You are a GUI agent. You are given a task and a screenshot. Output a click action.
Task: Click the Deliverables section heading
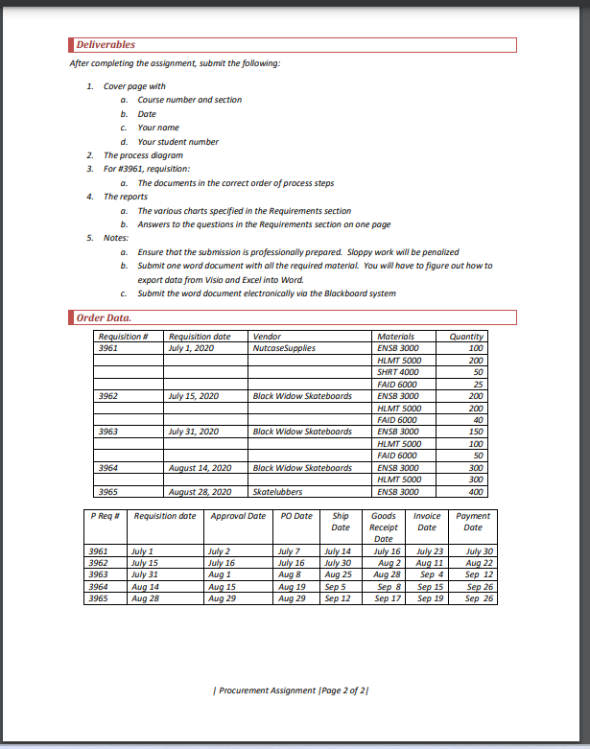click(x=106, y=44)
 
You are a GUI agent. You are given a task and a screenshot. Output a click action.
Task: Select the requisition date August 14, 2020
click(x=200, y=467)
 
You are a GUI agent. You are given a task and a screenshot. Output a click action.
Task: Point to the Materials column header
click(x=396, y=337)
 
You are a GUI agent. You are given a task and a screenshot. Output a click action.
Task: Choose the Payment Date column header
click(x=474, y=521)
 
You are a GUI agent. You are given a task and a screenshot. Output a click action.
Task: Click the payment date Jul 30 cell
click(x=479, y=552)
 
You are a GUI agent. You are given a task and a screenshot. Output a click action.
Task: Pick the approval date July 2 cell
click(x=221, y=552)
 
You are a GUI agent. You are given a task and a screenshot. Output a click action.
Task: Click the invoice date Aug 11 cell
click(x=430, y=564)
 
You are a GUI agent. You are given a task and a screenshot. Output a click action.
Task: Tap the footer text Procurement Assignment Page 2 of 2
click(x=289, y=690)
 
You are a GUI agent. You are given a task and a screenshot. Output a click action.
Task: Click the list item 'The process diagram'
click(x=143, y=155)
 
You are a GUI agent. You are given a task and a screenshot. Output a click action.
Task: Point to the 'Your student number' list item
click(x=177, y=141)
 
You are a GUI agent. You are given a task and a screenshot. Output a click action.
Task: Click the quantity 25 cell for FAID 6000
click(x=476, y=384)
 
